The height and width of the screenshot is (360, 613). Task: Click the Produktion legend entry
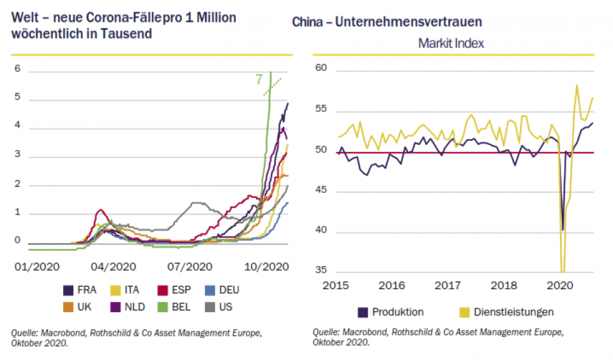(390, 312)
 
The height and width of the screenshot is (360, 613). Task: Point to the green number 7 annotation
(259, 80)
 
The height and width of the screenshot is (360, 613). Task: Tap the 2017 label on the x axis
(449, 285)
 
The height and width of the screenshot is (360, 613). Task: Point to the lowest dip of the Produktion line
(563, 229)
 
